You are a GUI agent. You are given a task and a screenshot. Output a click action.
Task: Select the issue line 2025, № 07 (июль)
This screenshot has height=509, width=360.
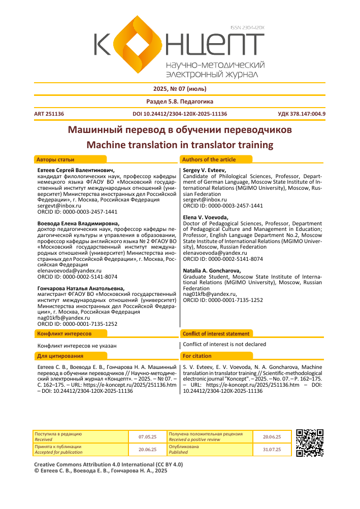[x=180, y=89]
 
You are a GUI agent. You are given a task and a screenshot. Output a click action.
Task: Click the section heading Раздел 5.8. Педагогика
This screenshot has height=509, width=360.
[x=180, y=101]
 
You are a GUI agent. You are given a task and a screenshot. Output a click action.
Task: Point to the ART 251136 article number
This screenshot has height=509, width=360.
[x=49, y=114]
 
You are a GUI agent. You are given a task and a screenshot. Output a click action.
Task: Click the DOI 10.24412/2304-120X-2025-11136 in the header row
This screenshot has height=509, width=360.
[x=179, y=114]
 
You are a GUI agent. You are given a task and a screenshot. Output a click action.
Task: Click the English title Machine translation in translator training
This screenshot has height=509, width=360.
[x=180, y=145]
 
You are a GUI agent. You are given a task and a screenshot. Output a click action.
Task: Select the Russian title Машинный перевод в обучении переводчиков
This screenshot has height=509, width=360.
[x=180, y=130]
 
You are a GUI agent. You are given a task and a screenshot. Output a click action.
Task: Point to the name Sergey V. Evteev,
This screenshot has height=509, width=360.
[x=204, y=170]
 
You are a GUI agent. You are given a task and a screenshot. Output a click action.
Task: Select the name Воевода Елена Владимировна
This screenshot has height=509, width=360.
[x=78, y=223]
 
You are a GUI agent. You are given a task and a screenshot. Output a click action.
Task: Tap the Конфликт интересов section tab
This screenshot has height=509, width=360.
[x=64, y=334]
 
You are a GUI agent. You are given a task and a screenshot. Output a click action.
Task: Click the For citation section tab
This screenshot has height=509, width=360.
[x=198, y=356]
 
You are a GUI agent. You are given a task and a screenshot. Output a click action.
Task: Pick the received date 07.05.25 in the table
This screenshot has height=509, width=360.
[x=147, y=436]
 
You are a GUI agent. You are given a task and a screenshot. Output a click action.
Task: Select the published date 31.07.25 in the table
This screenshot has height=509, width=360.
[x=272, y=450]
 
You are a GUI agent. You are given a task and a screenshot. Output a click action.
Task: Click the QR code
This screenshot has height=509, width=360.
[x=310, y=443]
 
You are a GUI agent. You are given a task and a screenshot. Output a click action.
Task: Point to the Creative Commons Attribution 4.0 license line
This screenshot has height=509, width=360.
[x=108, y=464]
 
